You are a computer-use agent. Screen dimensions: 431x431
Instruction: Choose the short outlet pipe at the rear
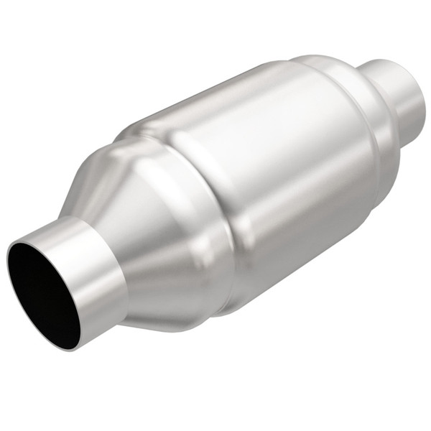click(x=402, y=93)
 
